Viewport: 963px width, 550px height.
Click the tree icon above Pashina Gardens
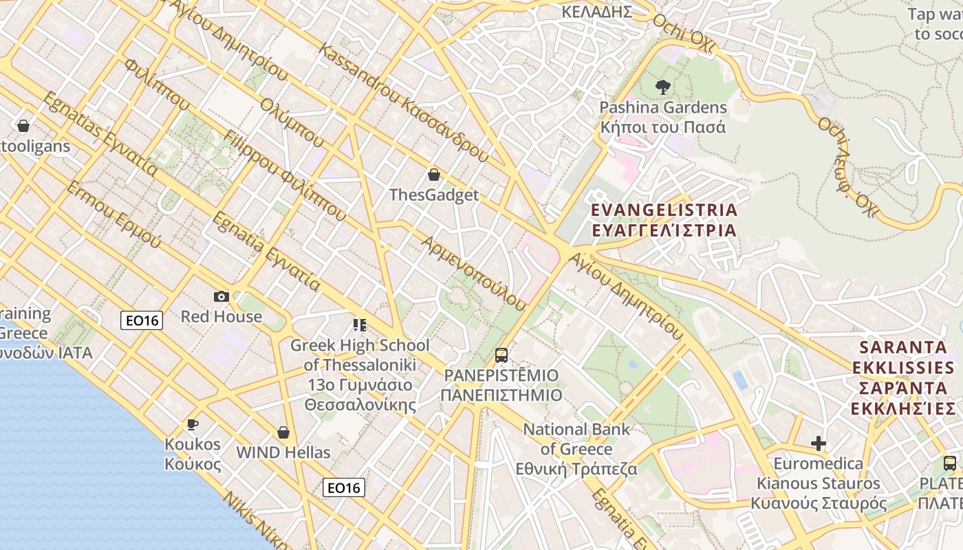point(663,87)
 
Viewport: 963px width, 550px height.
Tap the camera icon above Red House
point(221,296)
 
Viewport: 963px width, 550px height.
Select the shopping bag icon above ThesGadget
point(434,175)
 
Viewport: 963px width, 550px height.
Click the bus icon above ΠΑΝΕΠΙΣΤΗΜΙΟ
point(501,355)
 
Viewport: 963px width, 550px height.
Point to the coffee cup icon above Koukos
point(193,424)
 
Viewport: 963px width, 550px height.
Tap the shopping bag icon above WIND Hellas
point(283,432)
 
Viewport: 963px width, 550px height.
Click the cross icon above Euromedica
point(818,443)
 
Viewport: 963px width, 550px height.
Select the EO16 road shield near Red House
point(142,320)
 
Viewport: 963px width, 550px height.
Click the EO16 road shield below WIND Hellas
point(344,487)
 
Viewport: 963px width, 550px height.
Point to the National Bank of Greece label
point(576,449)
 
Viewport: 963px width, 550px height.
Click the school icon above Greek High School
point(359,324)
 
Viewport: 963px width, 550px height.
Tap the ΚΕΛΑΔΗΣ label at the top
point(596,12)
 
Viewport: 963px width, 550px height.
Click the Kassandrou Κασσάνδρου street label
point(404,104)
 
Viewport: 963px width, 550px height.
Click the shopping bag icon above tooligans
point(23,126)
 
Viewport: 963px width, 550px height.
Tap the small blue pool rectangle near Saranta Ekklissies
point(740,379)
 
